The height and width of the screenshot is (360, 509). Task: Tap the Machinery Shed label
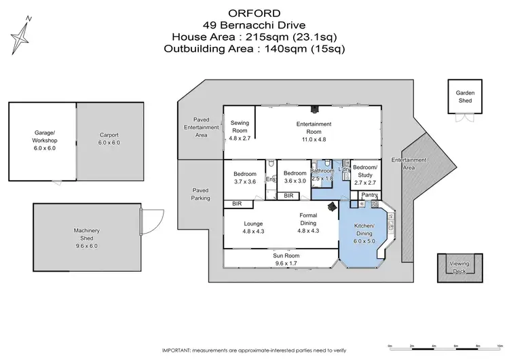click(87, 234)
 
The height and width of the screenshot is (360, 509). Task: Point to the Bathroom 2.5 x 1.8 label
click(322, 174)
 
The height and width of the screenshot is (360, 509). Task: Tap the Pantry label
click(369, 196)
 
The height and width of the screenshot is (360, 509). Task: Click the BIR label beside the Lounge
click(237, 204)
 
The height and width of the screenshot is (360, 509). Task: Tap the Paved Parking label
click(200, 194)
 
